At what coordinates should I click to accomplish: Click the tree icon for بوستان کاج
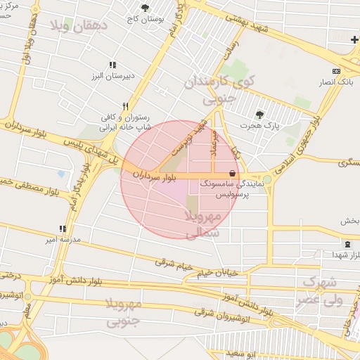click(146, 8)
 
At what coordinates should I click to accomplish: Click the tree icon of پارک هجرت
click(260, 115)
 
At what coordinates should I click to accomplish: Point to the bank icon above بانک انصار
click(336, 71)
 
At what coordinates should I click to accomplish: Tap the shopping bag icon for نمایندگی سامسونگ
click(232, 173)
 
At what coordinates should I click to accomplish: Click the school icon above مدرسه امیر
click(63, 229)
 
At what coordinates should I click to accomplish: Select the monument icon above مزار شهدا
click(348, 245)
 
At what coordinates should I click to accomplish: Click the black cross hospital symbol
click(354, 39)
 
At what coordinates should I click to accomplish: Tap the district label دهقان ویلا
click(77, 27)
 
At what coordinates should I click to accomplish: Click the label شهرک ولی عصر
click(320, 291)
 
